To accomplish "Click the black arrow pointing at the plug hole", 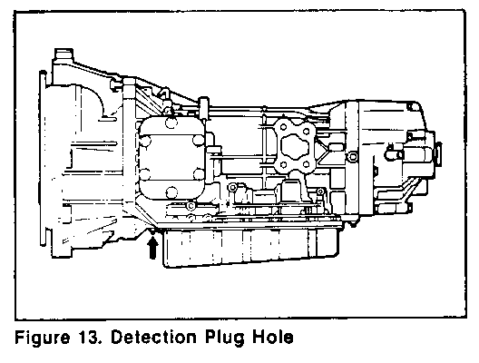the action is [152, 248].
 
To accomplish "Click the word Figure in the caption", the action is [42, 338].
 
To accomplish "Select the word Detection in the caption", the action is [153, 337].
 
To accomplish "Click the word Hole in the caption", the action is [273, 337].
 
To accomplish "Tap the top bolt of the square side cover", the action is [171, 123].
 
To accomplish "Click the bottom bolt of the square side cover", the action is [171, 192].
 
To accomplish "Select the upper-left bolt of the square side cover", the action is [145, 141].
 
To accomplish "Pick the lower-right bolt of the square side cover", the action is [199, 174].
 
